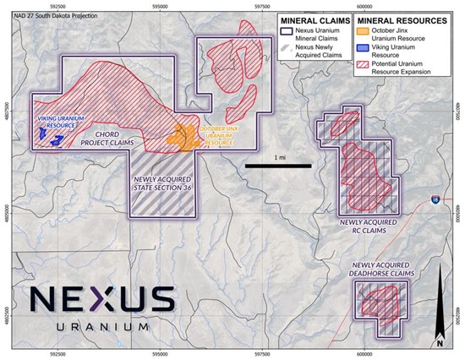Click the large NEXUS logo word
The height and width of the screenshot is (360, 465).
pyautogui.click(x=101, y=300)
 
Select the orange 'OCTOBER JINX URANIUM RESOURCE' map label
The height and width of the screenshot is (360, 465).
pyautogui.click(x=218, y=135)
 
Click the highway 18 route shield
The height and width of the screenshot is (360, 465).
pyautogui.click(x=434, y=200)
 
